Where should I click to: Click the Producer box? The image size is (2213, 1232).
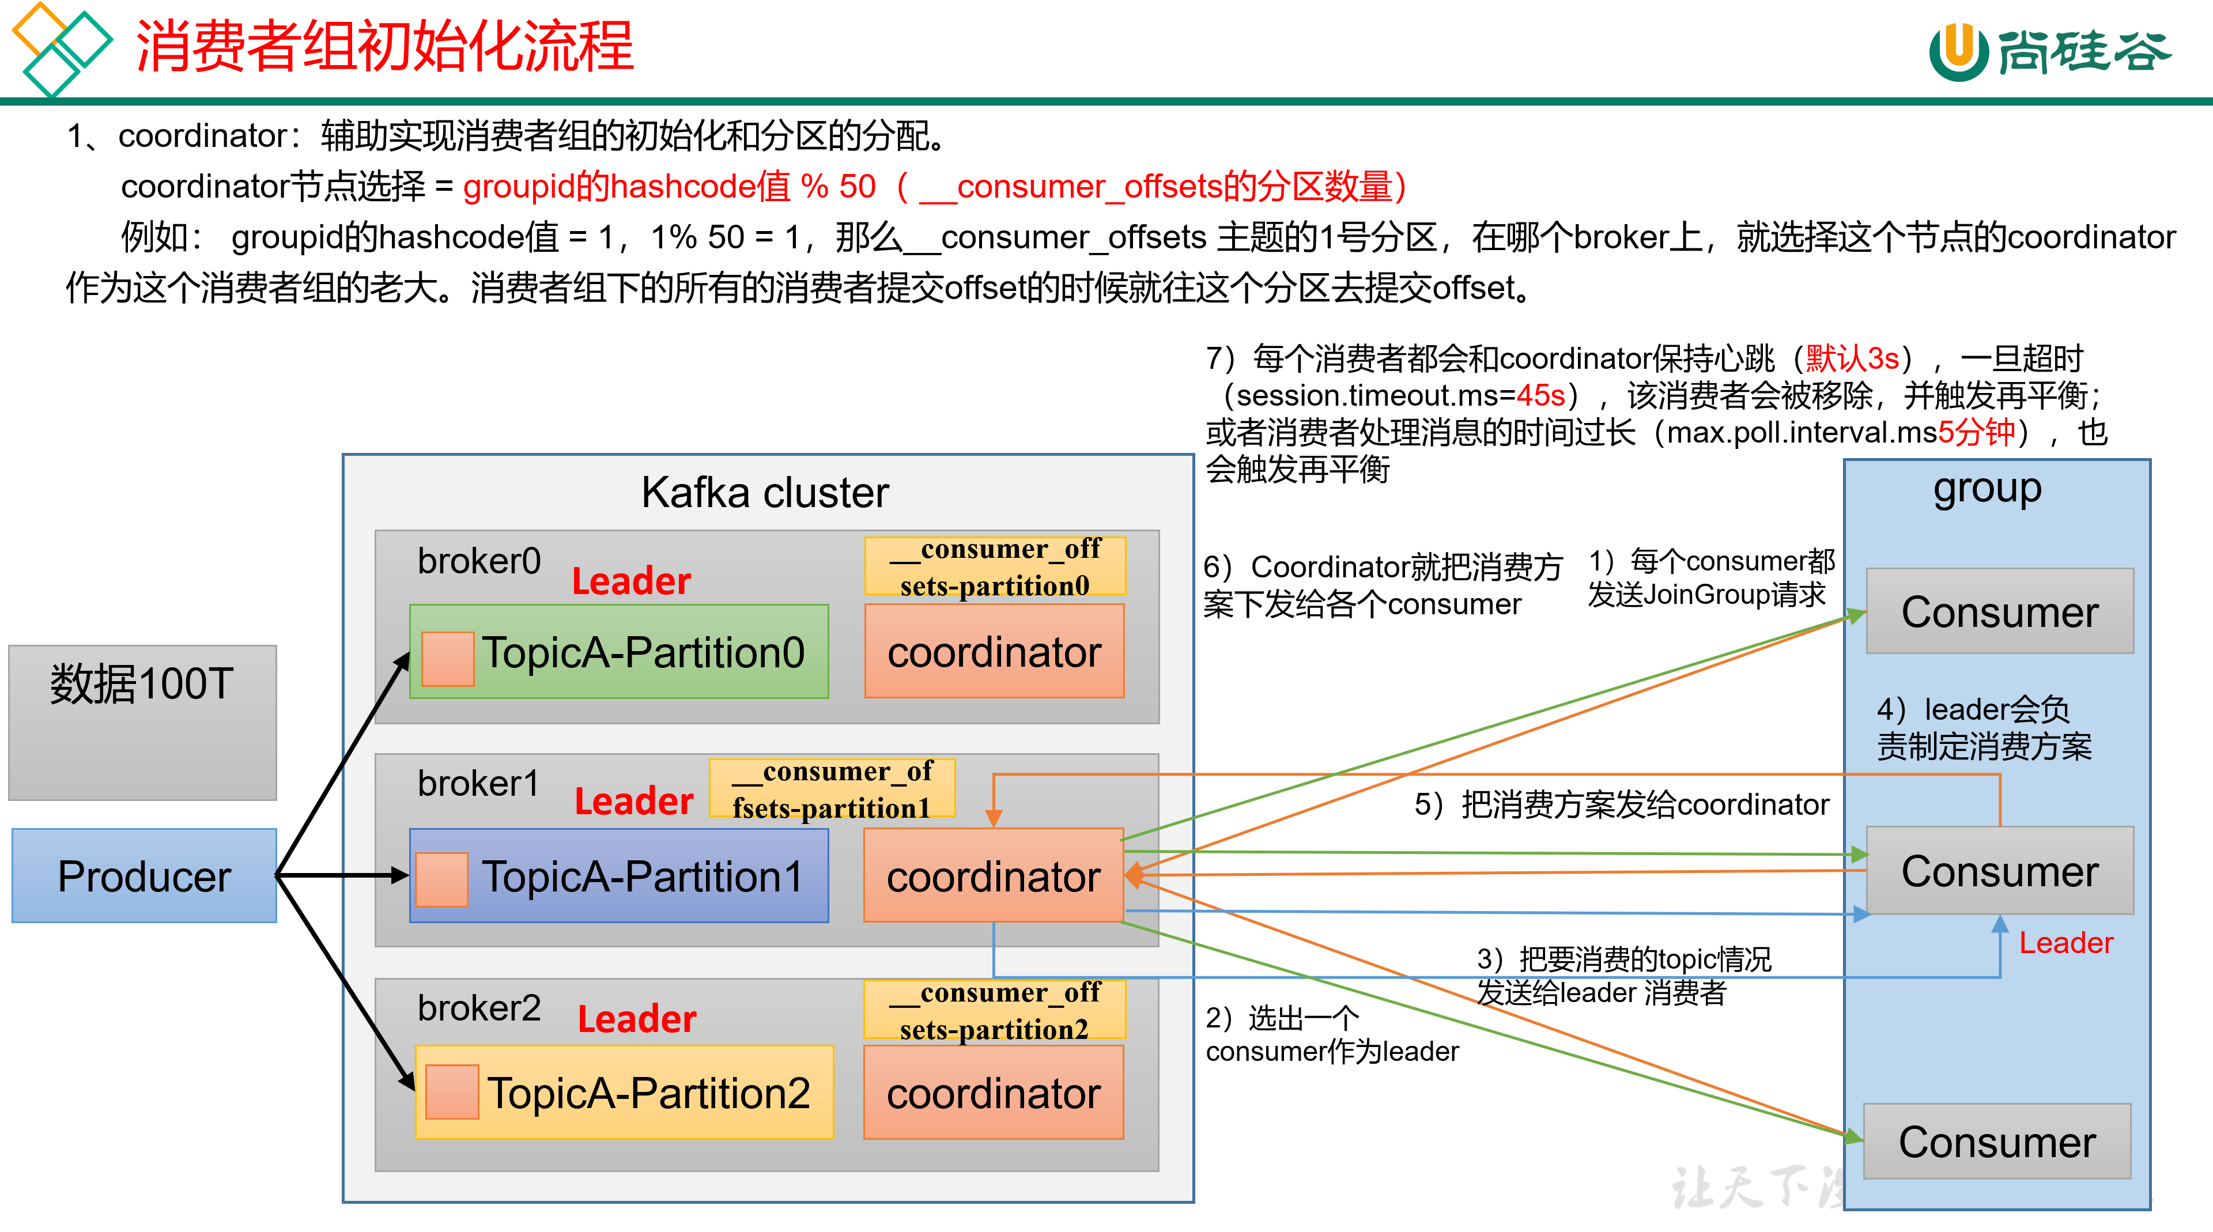tap(144, 875)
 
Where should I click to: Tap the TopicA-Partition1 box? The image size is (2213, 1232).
tap(618, 875)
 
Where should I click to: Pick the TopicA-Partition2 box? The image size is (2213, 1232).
tap(625, 1092)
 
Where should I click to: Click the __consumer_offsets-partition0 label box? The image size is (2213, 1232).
tap(995, 566)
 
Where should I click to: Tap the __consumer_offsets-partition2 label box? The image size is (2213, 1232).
tap(994, 1010)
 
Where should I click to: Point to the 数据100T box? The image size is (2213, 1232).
tap(142, 721)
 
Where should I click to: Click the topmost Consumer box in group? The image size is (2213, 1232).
tap(1999, 611)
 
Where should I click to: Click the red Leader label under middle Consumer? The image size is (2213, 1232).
tap(2065, 943)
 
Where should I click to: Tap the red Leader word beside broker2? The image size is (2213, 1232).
tap(637, 1018)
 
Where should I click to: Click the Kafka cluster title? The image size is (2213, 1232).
tap(765, 492)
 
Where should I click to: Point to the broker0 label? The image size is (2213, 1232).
tap(478, 561)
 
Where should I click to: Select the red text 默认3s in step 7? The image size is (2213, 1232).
tap(1851, 357)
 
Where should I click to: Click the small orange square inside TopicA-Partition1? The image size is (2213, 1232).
tap(441, 879)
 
